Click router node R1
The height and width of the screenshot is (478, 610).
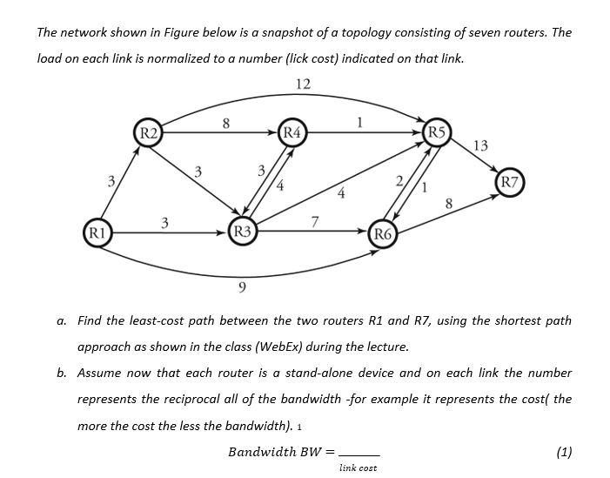[98, 233]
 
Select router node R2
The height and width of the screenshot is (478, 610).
[150, 133]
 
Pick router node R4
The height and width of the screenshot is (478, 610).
[294, 133]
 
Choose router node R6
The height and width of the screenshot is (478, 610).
[384, 232]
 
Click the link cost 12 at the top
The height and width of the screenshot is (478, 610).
[303, 84]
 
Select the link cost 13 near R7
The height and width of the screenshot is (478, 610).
[482, 145]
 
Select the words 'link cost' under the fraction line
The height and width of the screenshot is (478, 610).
[358, 468]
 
